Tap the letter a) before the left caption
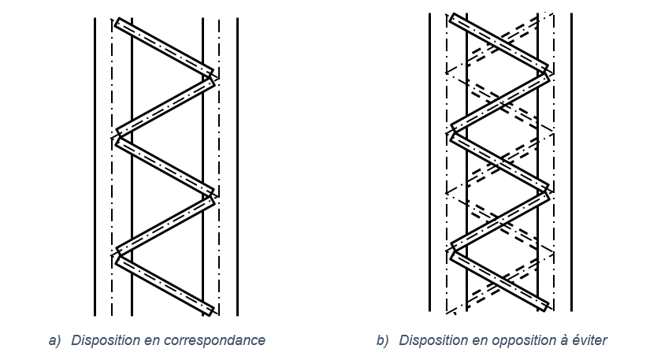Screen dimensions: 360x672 pyautogui.click(x=54, y=340)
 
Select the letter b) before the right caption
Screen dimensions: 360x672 pyautogui.click(x=382, y=340)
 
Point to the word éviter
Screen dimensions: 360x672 pyautogui.click(x=588, y=340)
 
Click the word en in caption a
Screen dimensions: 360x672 pyautogui.click(x=162, y=340)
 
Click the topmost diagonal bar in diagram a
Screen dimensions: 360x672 pyautogui.click(x=164, y=46)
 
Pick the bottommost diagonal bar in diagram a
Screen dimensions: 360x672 pyautogui.click(x=164, y=283)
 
